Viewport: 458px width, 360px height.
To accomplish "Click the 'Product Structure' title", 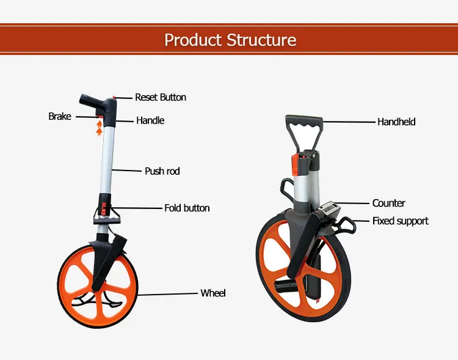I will tap(230, 40).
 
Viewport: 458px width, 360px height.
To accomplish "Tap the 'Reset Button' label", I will tap(160, 97).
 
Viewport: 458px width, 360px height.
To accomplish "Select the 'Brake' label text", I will tap(60, 116).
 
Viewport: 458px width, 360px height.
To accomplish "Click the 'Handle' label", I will tap(150, 120).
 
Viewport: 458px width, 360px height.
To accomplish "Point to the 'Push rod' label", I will tap(162, 171).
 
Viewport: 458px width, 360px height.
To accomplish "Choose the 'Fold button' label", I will tap(187, 208).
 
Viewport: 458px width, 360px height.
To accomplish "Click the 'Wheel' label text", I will tap(213, 293).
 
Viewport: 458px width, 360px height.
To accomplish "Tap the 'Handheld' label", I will tap(396, 122).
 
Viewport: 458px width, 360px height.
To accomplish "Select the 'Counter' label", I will tap(388, 203).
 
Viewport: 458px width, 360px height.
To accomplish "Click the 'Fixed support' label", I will tap(401, 221).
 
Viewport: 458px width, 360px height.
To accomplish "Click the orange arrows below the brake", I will tap(99, 128).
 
